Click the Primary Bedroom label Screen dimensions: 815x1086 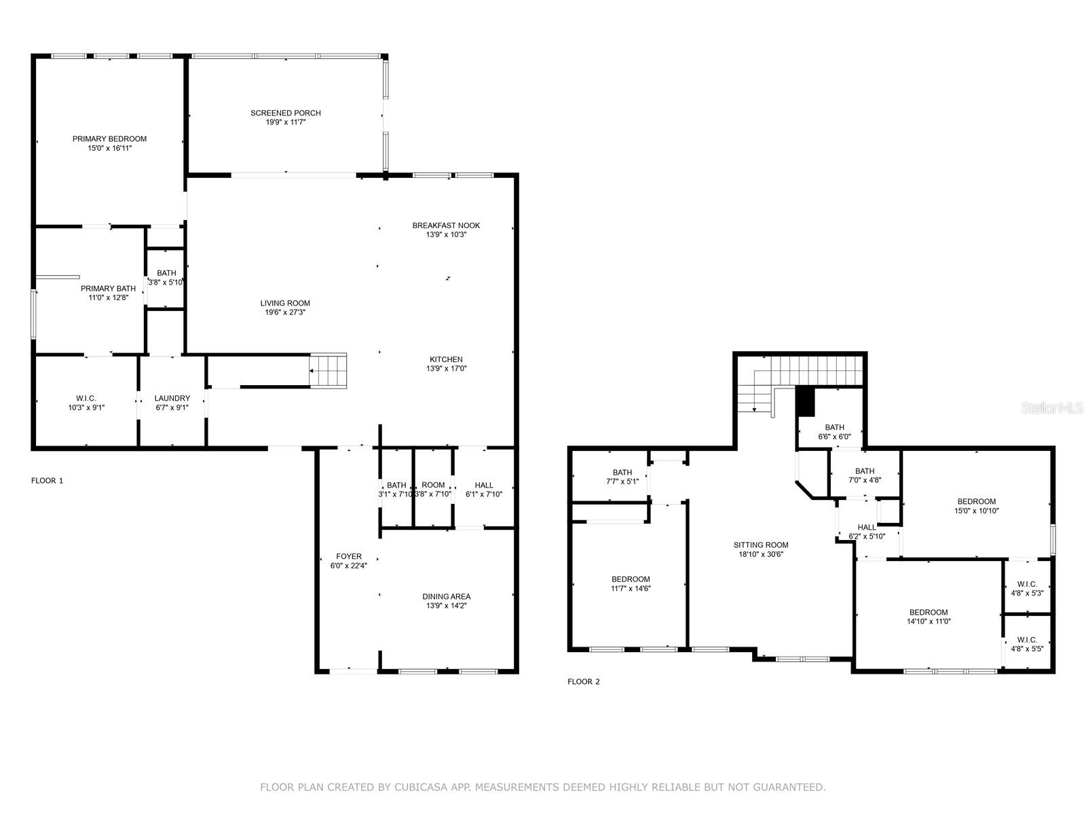click(109, 139)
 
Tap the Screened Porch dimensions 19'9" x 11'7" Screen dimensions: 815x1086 click(285, 122)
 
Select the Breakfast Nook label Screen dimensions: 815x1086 click(446, 225)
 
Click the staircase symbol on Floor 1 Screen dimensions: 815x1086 click(329, 371)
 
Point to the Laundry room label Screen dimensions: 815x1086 click(172, 399)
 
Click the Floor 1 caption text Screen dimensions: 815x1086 click(47, 481)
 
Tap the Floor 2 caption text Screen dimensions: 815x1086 click(583, 682)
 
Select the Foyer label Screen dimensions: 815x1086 click(349, 556)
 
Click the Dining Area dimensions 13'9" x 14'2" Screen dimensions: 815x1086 click(446, 606)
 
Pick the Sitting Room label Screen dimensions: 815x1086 click(760, 545)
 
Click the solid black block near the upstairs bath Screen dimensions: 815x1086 click(805, 401)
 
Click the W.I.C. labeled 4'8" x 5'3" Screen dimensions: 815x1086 click(1026, 588)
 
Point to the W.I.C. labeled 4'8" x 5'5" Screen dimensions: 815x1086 click(1026, 644)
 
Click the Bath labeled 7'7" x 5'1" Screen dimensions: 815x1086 click(622, 477)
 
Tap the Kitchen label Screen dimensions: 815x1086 click(446, 359)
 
